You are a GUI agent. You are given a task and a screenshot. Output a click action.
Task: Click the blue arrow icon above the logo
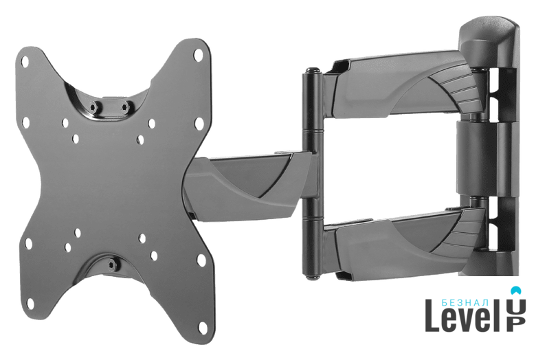coord(516,290)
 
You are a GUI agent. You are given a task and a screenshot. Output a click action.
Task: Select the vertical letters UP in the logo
coord(516,315)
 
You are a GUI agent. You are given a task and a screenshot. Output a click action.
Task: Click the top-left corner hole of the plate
coord(25,62)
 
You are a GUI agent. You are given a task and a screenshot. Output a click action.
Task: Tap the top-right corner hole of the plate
coord(198,54)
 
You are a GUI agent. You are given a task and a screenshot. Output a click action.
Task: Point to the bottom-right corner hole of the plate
coord(203,327)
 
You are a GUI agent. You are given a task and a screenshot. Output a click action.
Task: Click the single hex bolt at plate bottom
coord(111,265)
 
